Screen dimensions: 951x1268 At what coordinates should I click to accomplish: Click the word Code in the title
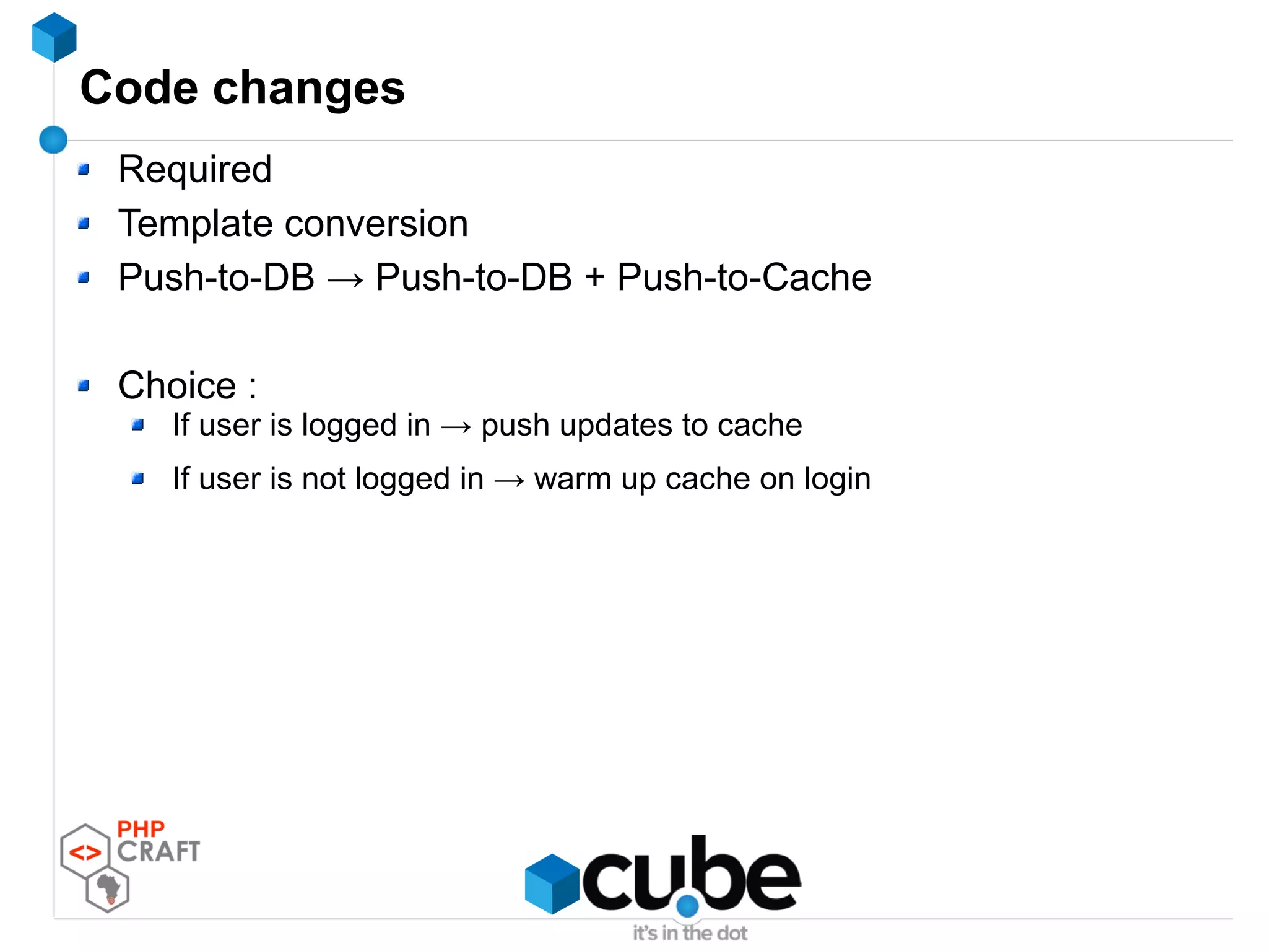139,88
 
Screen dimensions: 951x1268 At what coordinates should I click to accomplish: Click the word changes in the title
309,90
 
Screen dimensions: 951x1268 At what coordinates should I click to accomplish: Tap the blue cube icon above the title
54,37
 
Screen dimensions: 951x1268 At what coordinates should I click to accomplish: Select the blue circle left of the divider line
53,139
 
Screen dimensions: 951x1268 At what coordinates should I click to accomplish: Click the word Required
195,169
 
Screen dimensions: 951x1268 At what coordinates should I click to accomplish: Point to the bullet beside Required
84,169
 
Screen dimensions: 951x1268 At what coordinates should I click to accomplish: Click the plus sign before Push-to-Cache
594,277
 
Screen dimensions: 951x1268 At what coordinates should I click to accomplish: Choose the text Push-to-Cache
744,277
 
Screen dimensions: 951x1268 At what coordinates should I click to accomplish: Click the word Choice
178,385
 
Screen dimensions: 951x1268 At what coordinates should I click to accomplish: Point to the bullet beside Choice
84,386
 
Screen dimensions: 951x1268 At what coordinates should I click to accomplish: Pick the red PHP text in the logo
141,829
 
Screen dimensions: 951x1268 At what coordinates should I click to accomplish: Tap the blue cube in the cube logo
552,883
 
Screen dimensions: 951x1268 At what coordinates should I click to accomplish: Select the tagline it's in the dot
690,933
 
